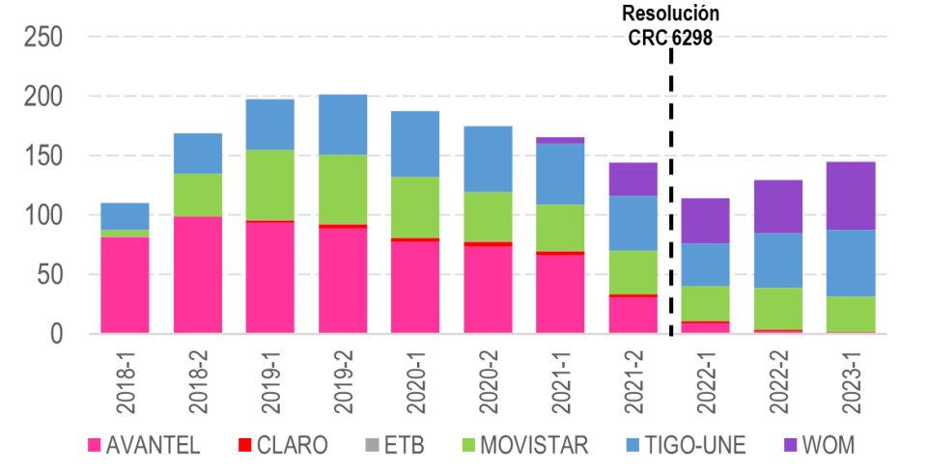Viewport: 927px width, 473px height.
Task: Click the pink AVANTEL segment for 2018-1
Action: coord(126,285)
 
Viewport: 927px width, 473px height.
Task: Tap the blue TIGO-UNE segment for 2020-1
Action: coord(415,143)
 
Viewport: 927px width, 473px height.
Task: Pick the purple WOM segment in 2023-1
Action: coord(851,195)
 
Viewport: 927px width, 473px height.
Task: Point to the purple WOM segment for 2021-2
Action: coord(632,179)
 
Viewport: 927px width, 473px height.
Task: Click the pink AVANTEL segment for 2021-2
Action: coord(632,315)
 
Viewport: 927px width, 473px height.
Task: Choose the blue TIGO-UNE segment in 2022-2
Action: coord(778,260)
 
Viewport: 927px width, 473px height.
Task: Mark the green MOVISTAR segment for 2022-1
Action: coord(705,303)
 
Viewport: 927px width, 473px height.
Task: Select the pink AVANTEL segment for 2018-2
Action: coord(198,274)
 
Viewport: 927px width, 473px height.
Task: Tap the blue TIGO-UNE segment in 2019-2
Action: coord(343,124)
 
